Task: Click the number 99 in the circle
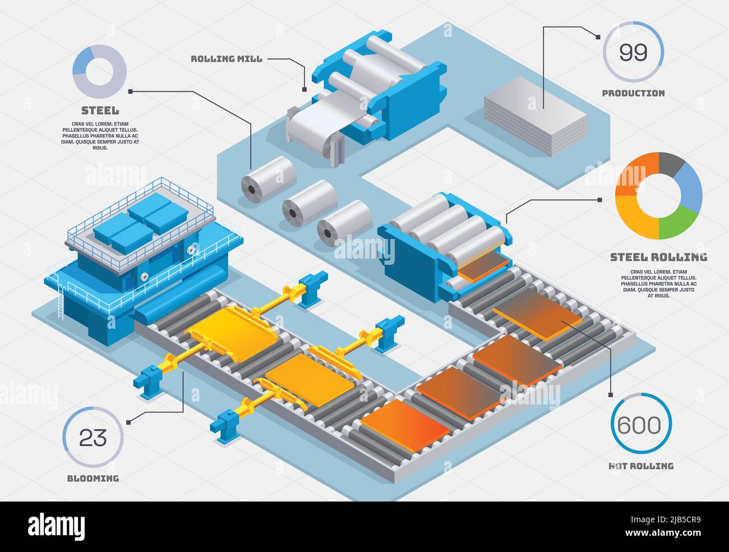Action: coord(633,52)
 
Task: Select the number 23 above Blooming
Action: coord(93,438)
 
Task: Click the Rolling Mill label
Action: coord(226,58)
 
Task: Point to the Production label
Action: coord(633,93)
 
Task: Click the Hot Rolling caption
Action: coord(640,466)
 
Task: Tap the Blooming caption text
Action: coord(93,479)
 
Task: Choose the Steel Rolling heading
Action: coord(658,257)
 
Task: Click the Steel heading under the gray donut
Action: coord(100,111)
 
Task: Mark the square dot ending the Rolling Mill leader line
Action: coord(304,89)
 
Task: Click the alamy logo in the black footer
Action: coord(57,526)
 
